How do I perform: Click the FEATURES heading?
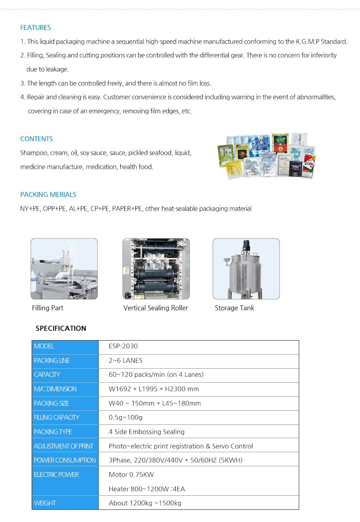[x=35, y=28]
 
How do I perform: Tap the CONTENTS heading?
[x=36, y=139]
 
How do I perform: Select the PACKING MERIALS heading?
[x=48, y=195]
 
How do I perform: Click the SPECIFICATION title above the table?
[x=61, y=328]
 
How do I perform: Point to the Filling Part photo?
[x=64, y=269]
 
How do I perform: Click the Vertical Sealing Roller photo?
[x=156, y=269]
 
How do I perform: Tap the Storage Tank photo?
[x=246, y=269]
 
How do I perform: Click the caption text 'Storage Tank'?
[x=234, y=308]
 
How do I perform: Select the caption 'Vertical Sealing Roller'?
[x=156, y=308]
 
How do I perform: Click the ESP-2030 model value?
[x=123, y=346]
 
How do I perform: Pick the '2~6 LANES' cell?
[x=125, y=361]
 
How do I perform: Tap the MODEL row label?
[x=44, y=346]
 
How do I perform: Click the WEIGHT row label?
[x=45, y=503]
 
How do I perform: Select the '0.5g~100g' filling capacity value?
[x=125, y=418]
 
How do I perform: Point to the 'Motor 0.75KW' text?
[x=131, y=475]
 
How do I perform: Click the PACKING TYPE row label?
[x=53, y=432]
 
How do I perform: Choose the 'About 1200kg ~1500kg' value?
[x=145, y=503]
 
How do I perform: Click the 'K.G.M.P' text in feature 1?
[x=307, y=42]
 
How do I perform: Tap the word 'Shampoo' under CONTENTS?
[x=33, y=153]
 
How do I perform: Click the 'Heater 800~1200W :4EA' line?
[x=147, y=489]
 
